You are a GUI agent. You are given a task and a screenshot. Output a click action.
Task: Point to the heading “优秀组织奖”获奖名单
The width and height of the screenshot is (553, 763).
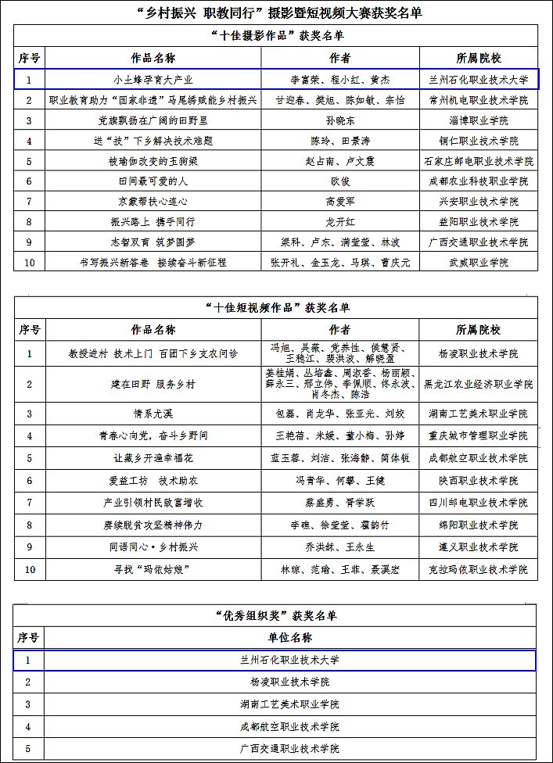click(x=276, y=615)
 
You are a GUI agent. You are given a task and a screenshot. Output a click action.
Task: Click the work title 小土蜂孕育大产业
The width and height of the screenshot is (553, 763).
click(x=153, y=80)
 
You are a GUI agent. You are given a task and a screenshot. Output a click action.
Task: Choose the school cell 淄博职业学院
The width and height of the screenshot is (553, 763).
click(x=478, y=120)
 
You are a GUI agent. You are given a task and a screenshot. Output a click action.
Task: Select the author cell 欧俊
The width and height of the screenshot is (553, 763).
click(x=339, y=181)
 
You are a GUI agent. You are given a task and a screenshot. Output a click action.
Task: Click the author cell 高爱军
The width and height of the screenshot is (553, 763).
click(x=339, y=202)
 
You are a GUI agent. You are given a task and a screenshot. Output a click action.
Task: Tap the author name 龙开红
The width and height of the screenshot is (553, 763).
click(x=339, y=222)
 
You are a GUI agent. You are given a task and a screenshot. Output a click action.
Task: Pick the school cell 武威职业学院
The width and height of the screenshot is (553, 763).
click(x=478, y=263)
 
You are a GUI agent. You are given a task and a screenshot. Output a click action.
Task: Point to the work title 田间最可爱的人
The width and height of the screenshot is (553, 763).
click(x=153, y=181)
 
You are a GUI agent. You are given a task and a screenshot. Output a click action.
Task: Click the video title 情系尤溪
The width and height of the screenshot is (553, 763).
click(x=153, y=414)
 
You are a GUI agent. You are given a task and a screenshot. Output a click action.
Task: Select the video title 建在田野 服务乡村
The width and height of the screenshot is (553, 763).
click(x=153, y=384)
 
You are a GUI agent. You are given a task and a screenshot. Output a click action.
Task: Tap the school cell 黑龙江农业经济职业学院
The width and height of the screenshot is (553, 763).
click(x=478, y=384)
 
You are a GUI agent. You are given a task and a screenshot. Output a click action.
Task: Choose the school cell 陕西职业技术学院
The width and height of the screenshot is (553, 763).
click(x=478, y=481)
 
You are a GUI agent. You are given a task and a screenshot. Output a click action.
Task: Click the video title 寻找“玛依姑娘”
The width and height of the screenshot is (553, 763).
click(x=153, y=570)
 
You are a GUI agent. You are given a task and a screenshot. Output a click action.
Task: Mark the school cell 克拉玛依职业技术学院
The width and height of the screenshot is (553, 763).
click(x=478, y=570)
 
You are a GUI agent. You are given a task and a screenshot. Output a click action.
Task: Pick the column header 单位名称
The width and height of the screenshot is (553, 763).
click(x=289, y=638)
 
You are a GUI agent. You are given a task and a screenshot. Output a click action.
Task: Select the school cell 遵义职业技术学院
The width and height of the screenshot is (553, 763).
click(x=478, y=547)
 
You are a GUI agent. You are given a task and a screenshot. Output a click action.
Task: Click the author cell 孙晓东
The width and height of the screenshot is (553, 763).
click(x=339, y=120)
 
